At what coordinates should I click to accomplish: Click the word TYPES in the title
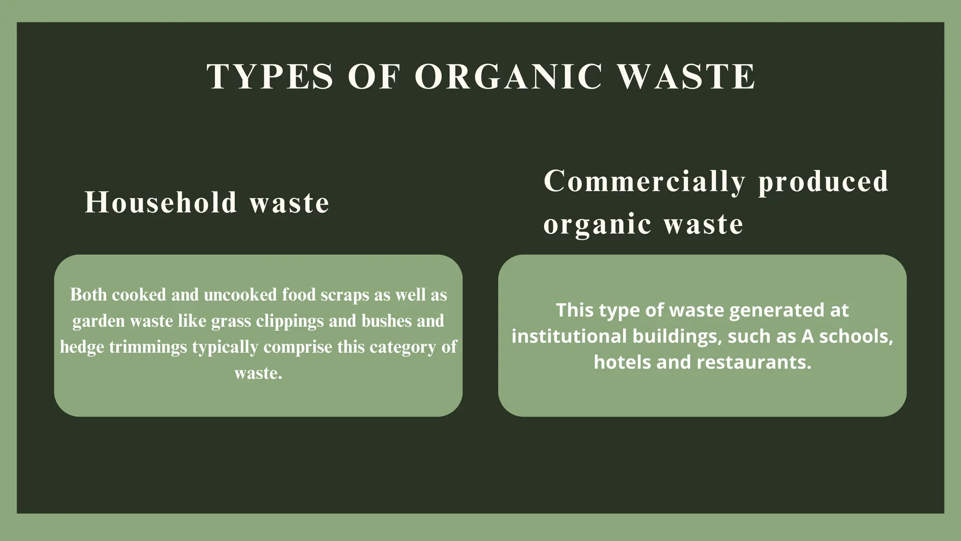(270, 77)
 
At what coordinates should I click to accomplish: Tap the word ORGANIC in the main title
(508, 77)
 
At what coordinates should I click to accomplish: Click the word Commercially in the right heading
(644, 182)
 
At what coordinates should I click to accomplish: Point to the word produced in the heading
(824, 182)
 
